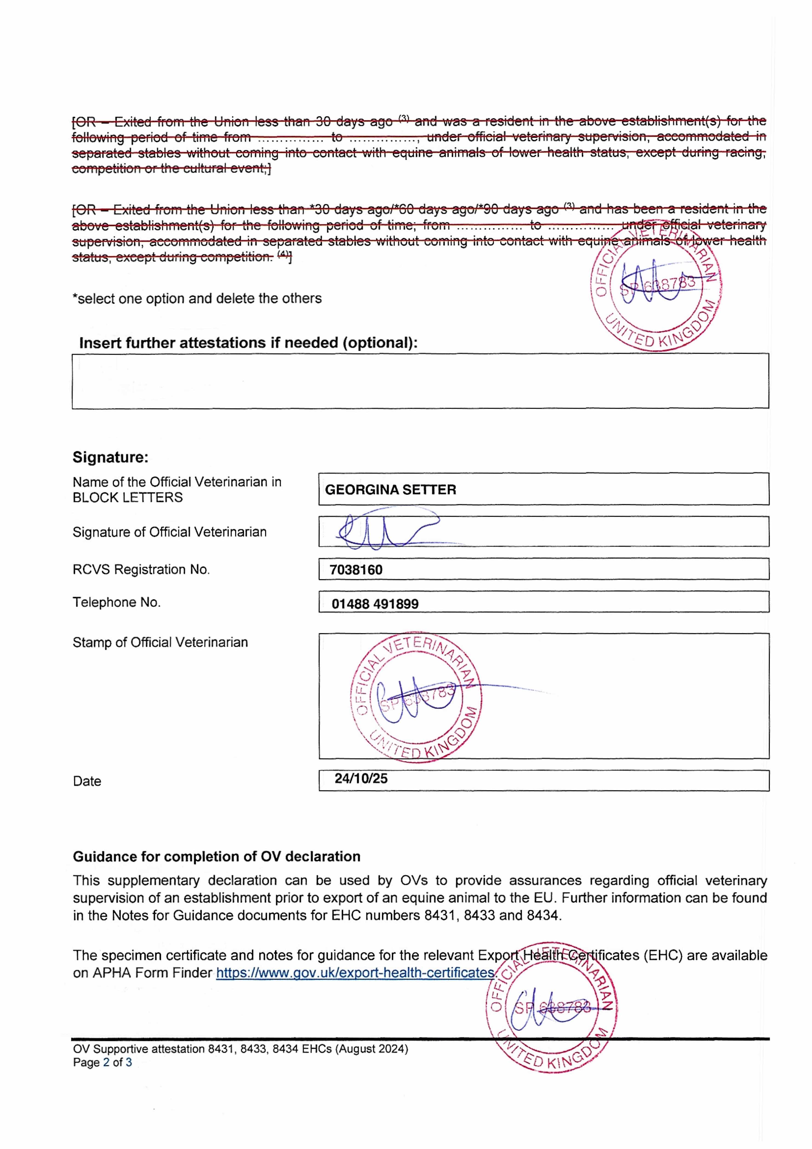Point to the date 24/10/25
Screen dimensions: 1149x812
[x=361, y=778]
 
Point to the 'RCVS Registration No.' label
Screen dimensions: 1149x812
[x=141, y=569]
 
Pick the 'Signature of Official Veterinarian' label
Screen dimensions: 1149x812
[x=170, y=532]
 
